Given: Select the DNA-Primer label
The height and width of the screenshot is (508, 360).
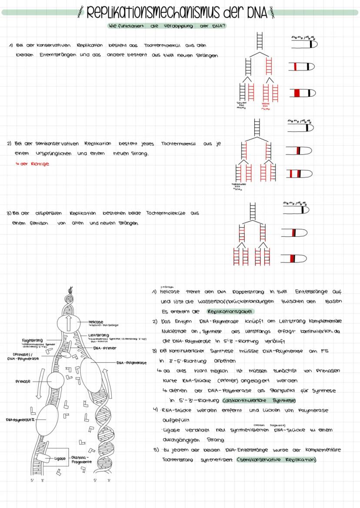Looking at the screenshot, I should pos(96,348).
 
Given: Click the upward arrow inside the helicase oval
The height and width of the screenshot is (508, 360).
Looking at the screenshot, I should pos(68,325).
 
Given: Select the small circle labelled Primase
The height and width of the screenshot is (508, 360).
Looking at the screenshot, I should pos(56,381).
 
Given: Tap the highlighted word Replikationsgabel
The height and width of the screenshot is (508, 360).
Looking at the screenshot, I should pos(230,312).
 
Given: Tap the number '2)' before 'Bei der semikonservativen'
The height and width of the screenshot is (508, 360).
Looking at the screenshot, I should pos(9,143).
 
